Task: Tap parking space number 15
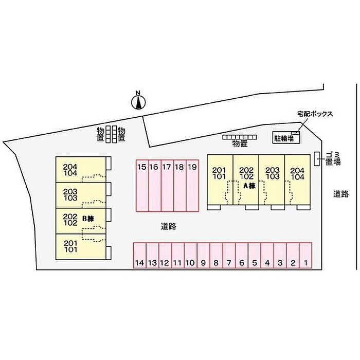[142, 186]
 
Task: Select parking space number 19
[192, 186]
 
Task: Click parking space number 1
[305, 255]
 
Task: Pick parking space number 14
[140, 255]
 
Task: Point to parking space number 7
[229, 255]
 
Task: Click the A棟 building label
[249, 186]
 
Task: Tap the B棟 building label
[88, 219]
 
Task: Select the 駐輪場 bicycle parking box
[286, 137]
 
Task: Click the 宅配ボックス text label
[315, 114]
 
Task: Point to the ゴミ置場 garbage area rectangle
[317, 158]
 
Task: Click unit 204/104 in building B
[81, 170]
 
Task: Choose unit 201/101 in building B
[81, 247]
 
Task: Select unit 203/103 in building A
[272, 179]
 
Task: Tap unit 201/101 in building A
[220, 179]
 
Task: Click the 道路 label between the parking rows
[168, 227]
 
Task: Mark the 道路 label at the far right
[341, 194]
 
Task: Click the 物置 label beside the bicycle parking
[240, 143]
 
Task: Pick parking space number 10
[191, 255]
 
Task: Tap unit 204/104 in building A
[298, 179]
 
